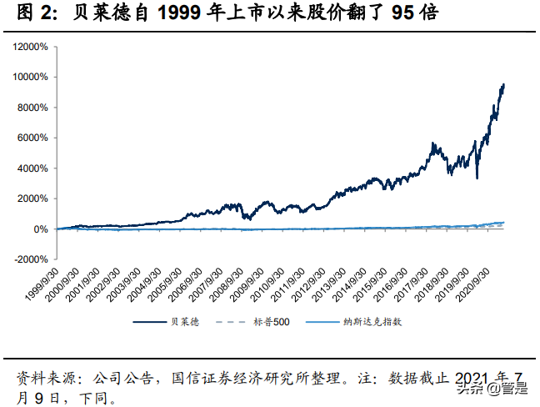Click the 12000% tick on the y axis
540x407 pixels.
(x=30, y=47)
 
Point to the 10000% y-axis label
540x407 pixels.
(x=30, y=78)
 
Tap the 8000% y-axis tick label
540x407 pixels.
(x=32, y=108)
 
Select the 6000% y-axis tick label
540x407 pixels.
(x=32, y=138)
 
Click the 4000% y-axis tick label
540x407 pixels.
(x=32, y=168)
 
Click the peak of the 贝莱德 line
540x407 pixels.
(x=503, y=84)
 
